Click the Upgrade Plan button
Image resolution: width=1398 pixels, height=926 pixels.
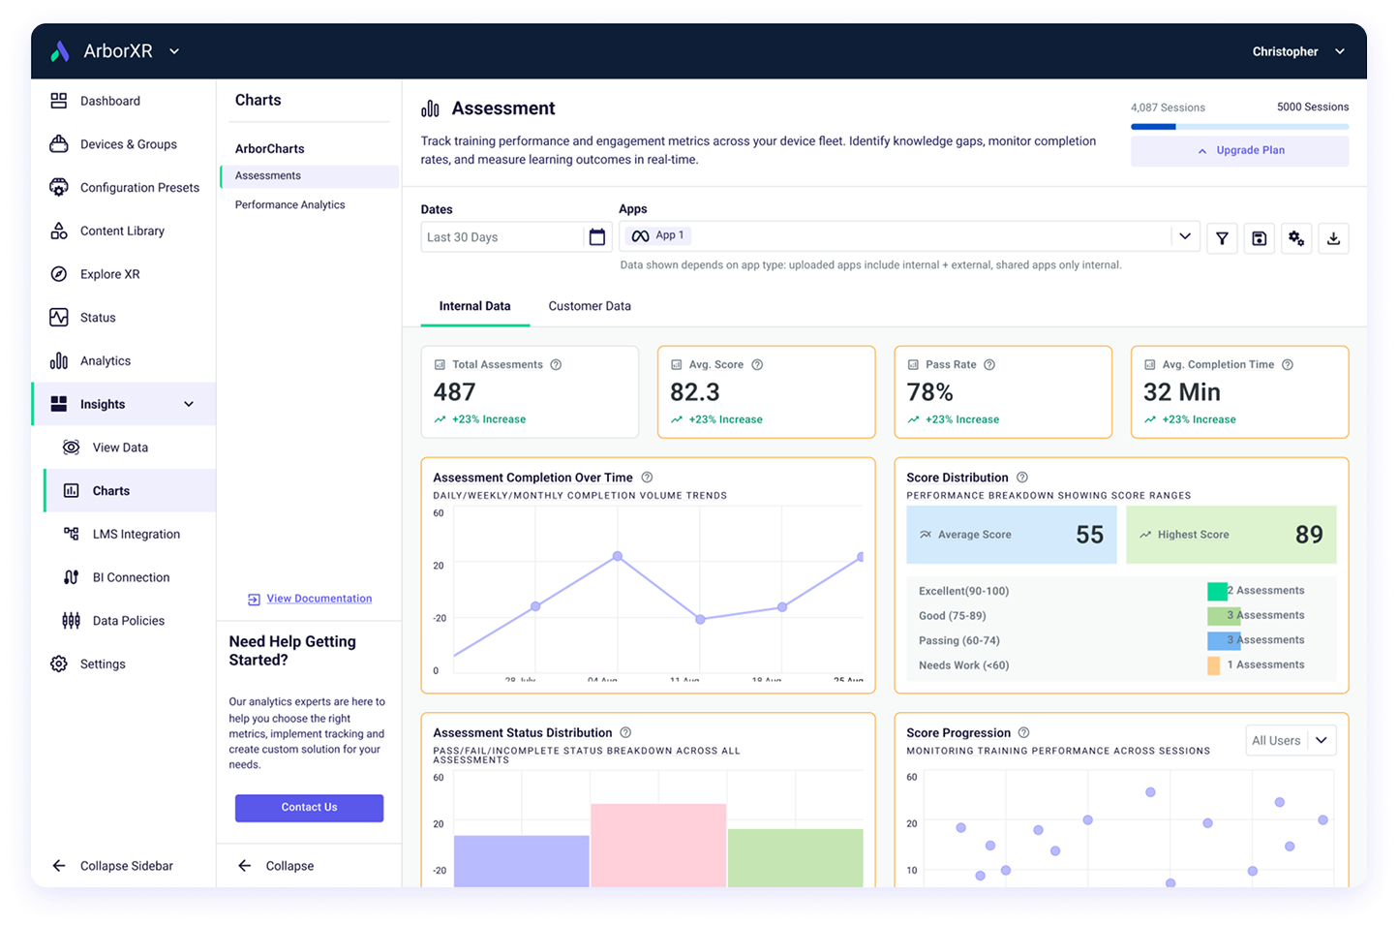[1239, 150]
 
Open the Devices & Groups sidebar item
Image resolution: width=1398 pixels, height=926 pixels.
[128, 144]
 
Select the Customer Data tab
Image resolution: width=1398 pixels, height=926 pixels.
[589, 306]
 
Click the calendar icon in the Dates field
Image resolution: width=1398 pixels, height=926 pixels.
[597, 237]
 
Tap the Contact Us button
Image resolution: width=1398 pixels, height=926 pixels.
[309, 808]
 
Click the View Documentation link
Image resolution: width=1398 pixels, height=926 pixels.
[319, 599]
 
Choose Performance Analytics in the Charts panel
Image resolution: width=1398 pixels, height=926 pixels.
[289, 204]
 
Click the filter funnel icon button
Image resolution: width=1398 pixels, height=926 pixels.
[1222, 238]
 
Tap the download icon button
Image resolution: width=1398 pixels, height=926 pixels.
[1333, 238]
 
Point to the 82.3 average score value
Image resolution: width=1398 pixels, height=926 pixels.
[695, 392]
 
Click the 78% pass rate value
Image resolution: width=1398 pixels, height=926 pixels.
[929, 392]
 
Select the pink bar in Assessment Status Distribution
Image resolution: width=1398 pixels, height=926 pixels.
[658, 843]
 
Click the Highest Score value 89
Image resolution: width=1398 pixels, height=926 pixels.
[1308, 535]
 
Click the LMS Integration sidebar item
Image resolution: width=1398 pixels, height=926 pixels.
[136, 534]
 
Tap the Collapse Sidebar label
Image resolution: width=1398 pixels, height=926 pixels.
[126, 866]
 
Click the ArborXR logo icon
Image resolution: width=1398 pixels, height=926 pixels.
[60, 51]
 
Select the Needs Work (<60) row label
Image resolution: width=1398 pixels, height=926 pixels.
[963, 665]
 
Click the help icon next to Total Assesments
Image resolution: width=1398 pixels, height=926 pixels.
[556, 365]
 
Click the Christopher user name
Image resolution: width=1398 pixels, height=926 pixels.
[1285, 51]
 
